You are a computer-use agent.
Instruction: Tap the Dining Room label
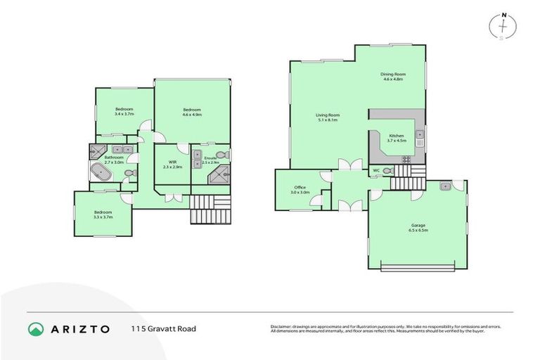coord(393,77)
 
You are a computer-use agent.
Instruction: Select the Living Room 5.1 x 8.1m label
coord(327,117)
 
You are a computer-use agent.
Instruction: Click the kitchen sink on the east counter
coord(419,134)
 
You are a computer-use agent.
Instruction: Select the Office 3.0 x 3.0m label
coord(300,190)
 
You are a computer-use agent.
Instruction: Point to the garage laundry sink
coord(445,186)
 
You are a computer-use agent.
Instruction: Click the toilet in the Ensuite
coord(221,154)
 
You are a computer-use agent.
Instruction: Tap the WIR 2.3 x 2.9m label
coord(172,165)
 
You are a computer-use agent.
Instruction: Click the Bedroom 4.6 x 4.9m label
coord(192,112)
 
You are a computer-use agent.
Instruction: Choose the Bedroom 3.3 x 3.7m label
coord(103,214)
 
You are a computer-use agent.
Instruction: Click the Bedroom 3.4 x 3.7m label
coord(124,112)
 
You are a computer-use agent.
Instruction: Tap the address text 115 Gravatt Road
coord(163,329)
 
